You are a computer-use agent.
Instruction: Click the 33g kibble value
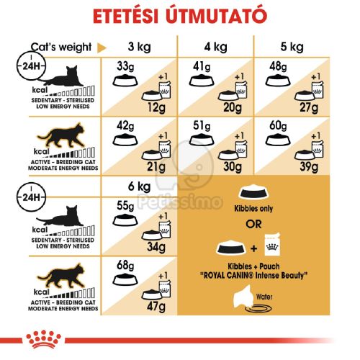pos(125,67)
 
